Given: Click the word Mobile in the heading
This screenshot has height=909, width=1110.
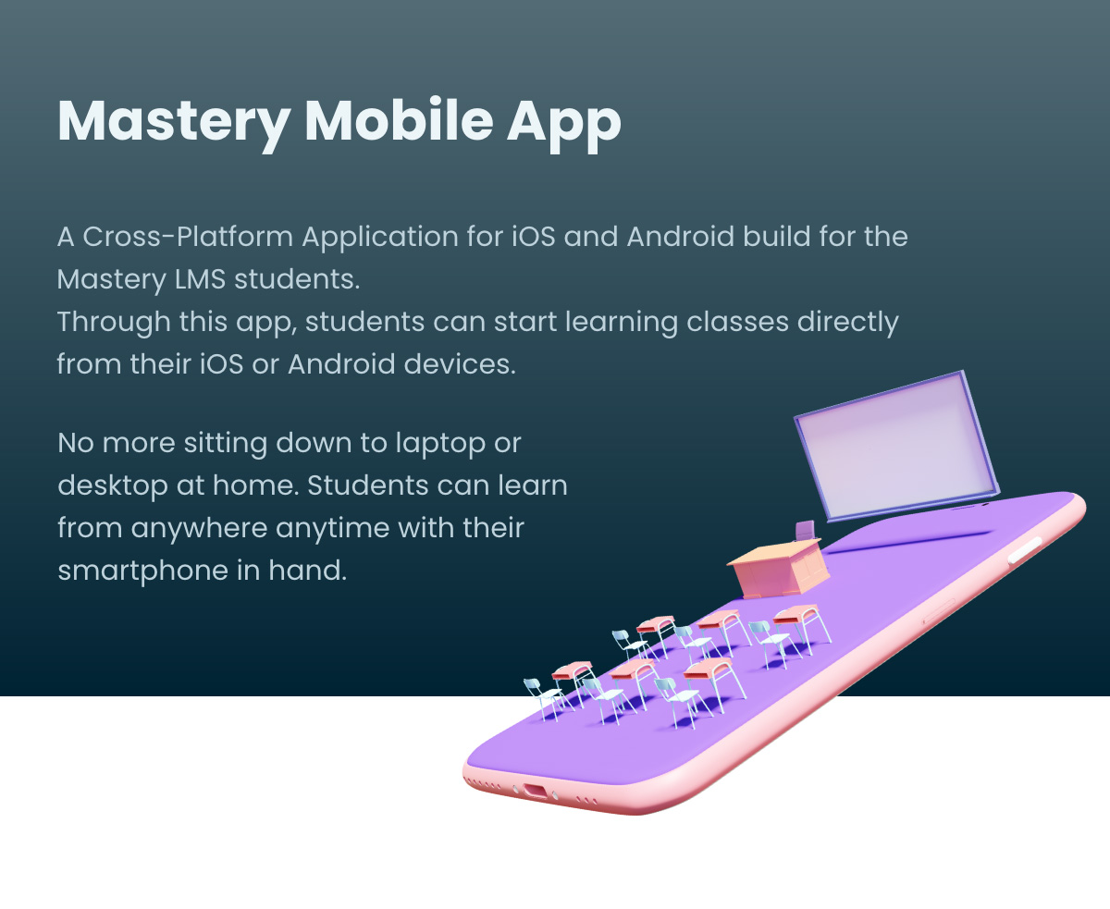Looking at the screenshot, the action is (x=399, y=121).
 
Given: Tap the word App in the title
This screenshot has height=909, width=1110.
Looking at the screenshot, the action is (x=563, y=126).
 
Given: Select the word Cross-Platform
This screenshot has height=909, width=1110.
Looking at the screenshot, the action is (x=188, y=237).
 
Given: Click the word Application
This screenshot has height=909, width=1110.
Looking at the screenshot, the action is (x=380, y=238).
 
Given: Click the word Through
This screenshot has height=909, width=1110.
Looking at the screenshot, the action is (x=114, y=323).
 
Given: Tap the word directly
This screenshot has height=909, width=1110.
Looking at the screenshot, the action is (x=847, y=323).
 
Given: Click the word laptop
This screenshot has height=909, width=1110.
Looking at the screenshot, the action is (x=440, y=444).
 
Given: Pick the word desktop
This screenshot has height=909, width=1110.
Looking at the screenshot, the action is (x=113, y=486).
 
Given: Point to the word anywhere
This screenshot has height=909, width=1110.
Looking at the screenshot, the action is (x=199, y=529).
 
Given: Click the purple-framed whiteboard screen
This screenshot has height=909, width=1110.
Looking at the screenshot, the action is (x=897, y=445).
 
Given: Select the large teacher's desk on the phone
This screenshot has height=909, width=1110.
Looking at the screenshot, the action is (x=779, y=570).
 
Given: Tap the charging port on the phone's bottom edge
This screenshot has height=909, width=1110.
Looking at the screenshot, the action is (x=536, y=791).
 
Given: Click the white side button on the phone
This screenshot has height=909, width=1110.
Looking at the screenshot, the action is (x=1025, y=549).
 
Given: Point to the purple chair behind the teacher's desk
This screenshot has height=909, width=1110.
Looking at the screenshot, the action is (x=805, y=530).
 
